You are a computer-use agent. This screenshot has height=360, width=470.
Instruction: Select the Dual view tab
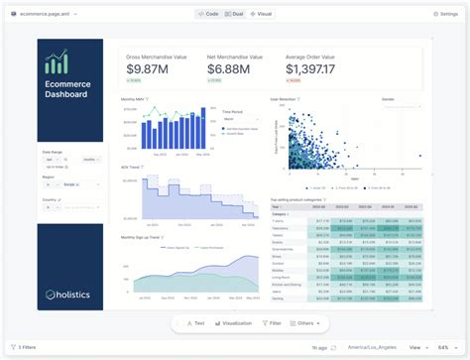coord(235,14)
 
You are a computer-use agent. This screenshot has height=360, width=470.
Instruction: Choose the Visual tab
coord(262,14)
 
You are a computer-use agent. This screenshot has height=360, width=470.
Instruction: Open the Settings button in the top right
coord(445,14)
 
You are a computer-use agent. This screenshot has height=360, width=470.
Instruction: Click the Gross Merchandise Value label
coord(157,56)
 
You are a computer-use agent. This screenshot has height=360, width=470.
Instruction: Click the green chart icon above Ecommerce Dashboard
coord(57,61)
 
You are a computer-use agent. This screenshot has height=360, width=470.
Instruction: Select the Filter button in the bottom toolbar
coord(272,323)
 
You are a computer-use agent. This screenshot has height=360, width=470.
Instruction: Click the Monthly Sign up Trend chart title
coord(143,238)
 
